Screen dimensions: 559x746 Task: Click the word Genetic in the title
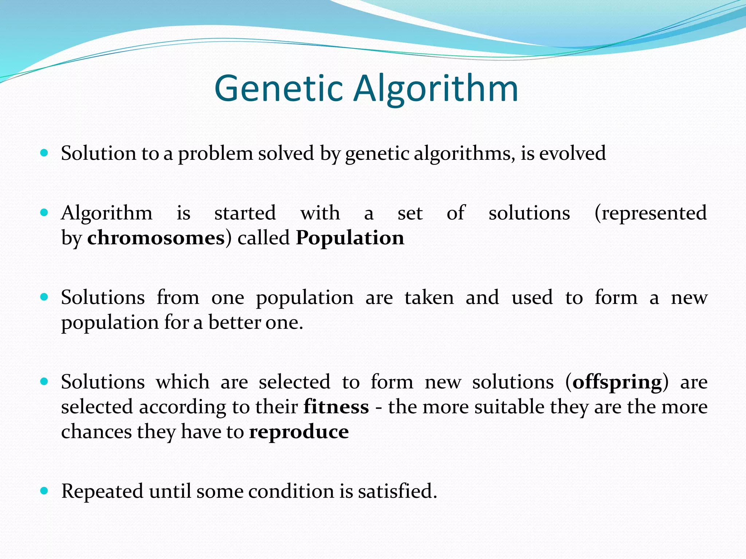click(x=279, y=88)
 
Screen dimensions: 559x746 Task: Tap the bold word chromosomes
click(x=156, y=238)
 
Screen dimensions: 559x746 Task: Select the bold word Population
click(x=350, y=238)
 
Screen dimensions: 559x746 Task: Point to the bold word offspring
click(x=617, y=382)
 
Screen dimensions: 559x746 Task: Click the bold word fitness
click(x=336, y=407)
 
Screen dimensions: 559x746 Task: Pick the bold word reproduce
click(x=299, y=432)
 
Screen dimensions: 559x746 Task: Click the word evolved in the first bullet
click(x=572, y=153)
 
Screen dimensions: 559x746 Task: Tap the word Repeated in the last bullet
click(x=102, y=491)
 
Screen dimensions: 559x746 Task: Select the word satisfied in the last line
click(x=397, y=491)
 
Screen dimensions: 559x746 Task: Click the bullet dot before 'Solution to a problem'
click(x=44, y=153)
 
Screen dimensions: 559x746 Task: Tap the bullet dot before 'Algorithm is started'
click(x=44, y=213)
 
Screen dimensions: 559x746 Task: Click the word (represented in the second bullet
click(x=651, y=213)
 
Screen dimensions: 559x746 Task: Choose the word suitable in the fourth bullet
click(x=509, y=407)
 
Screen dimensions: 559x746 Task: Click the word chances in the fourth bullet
click(x=96, y=432)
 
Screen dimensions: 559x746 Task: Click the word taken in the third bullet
click(x=429, y=298)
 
